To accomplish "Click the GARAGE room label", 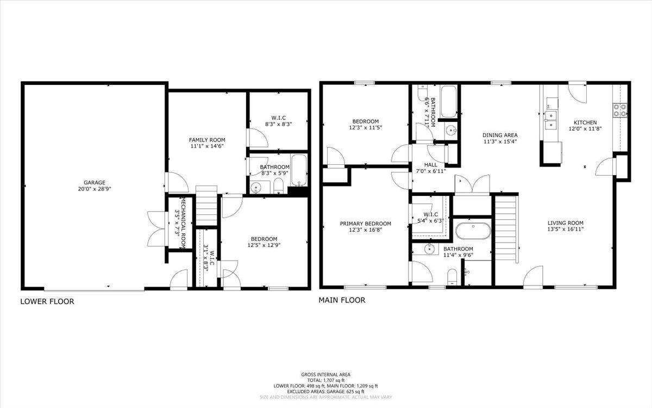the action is click(x=95, y=183).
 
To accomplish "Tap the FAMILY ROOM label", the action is click(x=207, y=140).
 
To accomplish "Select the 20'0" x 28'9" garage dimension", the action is click(x=95, y=189).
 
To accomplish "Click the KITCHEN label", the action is click(x=585, y=122).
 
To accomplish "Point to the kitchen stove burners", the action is click(x=620, y=110).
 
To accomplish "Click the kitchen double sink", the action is click(x=551, y=120).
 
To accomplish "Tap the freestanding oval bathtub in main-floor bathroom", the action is click(x=473, y=231).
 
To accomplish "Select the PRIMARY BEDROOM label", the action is click(x=365, y=224).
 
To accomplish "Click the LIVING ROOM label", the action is click(x=565, y=223).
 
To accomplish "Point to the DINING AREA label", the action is click(x=500, y=135).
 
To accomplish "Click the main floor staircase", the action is click(x=506, y=228).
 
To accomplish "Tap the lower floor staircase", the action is click(x=206, y=205).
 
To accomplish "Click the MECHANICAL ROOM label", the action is click(x=184, y=224).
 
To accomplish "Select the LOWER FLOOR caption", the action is click(x=47, y=301).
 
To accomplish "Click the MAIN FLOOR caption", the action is click(x=342, y=300).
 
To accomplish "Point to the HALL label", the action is click(x=430, y=165).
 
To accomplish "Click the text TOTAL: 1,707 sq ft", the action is click(x=326, y=380).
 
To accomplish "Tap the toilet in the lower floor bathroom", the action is click(x=279, y=186).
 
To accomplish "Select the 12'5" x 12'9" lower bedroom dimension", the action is click(x=264, y=245).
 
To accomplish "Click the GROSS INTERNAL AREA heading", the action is click(x=325, y=375).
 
